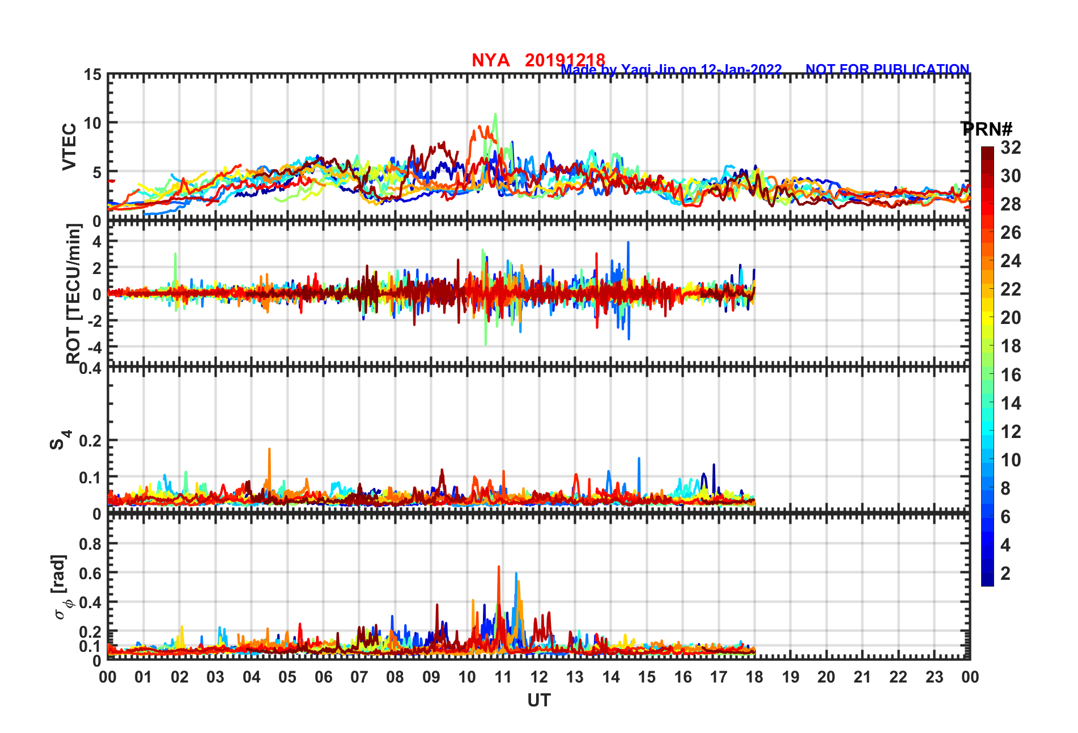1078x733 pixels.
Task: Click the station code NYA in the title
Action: click(491, 60)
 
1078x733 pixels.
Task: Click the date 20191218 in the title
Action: click(565, 60)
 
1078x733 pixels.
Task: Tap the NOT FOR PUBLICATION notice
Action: click(887, 69)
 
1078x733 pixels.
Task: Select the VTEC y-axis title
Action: click(69, 147)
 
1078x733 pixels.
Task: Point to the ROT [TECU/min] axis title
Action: click(73, 293)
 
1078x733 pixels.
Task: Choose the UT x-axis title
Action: click(538, 701)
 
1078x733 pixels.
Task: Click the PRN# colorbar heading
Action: click(987, 129)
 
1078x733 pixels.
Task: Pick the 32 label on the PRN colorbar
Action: click(1011, 148)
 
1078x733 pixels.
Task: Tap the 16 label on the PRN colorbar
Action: click(1011, 375)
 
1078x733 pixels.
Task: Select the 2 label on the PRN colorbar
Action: click(1005, 574)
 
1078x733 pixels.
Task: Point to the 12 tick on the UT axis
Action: click(539, 677)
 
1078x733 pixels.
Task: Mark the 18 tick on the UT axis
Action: click(754, 677)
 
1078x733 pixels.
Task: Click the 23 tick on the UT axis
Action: click(934, 677)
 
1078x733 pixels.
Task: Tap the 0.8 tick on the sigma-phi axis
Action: click(90, 544)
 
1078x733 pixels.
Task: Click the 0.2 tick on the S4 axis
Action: click(90, 440)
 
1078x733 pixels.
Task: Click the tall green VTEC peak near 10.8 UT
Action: click(495, 115)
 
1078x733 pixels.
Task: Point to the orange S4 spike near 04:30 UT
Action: click(269, 450)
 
